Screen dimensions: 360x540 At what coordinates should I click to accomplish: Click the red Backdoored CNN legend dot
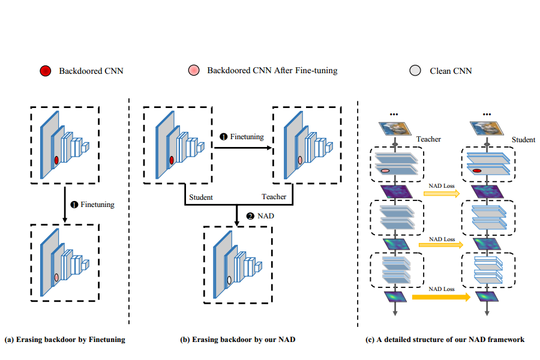click(44, 71)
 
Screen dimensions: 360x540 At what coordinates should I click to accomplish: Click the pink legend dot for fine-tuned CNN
click(194, 71)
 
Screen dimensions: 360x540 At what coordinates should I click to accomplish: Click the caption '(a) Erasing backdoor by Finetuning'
click(65, 340)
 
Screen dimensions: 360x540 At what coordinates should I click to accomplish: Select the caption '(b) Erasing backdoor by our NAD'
click(238, 340)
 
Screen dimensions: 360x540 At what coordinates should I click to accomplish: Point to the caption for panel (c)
click(445, 340)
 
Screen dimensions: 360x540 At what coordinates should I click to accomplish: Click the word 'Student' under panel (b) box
click(201, 197)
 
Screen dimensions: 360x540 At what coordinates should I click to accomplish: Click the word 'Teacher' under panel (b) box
click(274, 197)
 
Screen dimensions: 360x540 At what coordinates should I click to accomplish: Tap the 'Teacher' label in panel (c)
click(428, 139)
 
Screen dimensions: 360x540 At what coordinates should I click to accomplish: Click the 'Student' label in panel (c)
click(523, 140)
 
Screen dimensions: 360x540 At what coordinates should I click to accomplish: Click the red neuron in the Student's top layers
click(478, 171)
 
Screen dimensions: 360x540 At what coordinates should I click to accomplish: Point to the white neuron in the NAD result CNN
click(229, 280)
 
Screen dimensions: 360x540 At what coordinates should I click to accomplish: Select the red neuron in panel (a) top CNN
click(56, 160)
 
